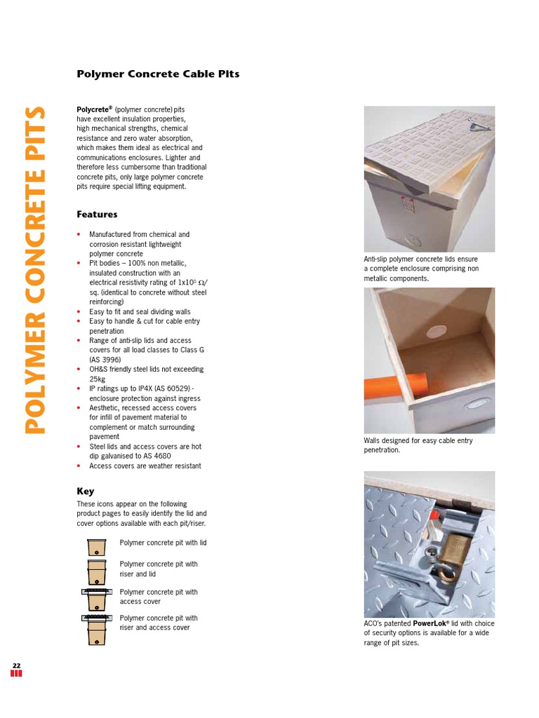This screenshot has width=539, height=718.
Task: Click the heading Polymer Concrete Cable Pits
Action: tap(158, 74)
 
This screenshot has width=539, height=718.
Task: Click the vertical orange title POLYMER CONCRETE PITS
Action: tap(35, 270)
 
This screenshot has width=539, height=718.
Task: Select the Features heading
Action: tap(97, 215)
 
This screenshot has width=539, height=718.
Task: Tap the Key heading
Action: tap(85, 492)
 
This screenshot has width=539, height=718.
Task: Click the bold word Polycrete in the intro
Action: tap(93, 110)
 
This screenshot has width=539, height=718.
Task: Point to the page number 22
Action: tap(16, 665)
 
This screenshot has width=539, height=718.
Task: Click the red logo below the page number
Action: tap(16, 675)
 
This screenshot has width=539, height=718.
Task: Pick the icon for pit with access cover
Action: tap(96, 598)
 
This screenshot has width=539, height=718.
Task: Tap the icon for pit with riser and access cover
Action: tap(96, 628)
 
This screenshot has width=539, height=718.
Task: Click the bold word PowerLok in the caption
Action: tap(432, 623)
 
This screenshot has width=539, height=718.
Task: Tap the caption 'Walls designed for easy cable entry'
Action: tap(418, 441)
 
